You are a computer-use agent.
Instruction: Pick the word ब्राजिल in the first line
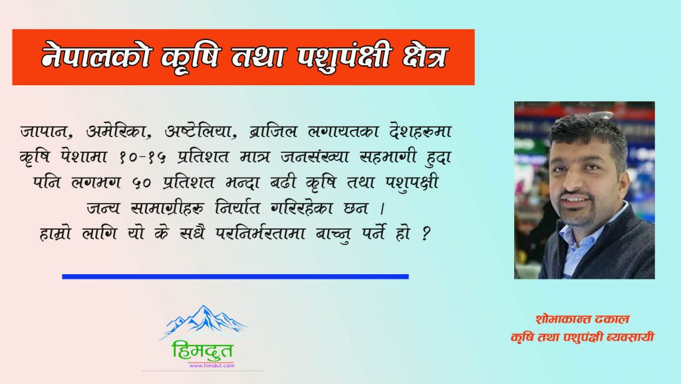[x=273, y=130]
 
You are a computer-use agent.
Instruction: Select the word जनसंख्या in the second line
[x=315, y=156]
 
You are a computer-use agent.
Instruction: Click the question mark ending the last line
[x=426, y=234]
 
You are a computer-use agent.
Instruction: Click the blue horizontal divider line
[x=235, y=276]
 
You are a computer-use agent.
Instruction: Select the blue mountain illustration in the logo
[x=204, y=322]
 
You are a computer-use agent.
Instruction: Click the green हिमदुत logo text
[x=202, y=351]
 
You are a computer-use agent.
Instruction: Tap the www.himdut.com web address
[x=211, y=366]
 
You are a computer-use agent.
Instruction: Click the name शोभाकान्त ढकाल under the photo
[x=583, y=319]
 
